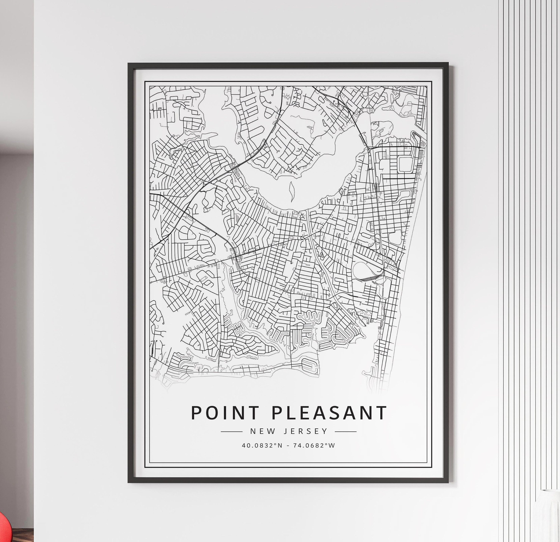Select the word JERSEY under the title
(x=305, y=431)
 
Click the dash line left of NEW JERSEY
(x=231, y=432)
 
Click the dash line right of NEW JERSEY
(x=346, y=432)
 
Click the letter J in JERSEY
(x=285, y=431)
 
